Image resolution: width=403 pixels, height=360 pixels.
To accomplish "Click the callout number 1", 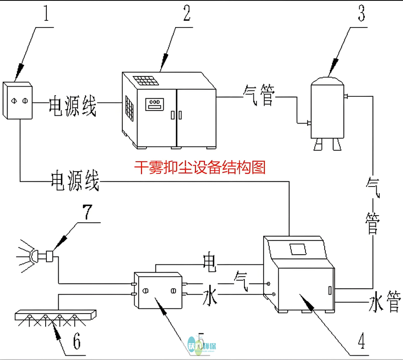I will click(x=46, y=15).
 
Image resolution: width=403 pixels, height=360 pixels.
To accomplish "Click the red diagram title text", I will click(x=200, y=168).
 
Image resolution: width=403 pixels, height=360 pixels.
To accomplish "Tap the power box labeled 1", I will click(x=17, y=100).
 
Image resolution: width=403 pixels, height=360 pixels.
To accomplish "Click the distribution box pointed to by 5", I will click(x=158, y=290).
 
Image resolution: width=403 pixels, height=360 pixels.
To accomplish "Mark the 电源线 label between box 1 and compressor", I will click(x=72, y=105).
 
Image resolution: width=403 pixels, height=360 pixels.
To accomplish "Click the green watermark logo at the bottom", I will click(x=202, y=345).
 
